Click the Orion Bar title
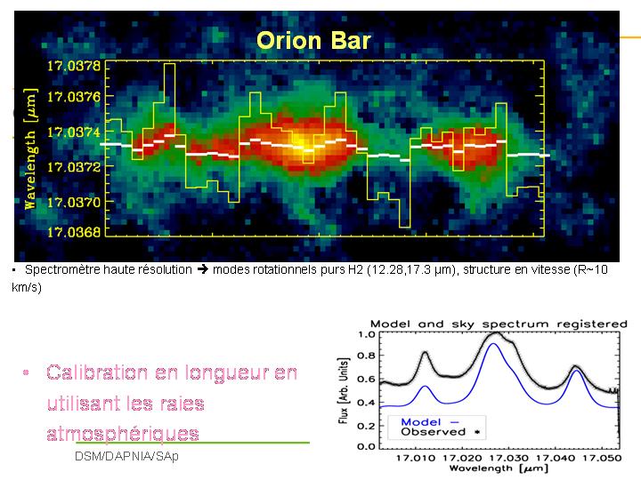[x=312, y=41]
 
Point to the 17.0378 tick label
[x=73, y=66]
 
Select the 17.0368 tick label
[x=73, y=233]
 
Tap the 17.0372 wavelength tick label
[x=73, y=167]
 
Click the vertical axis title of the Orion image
[x=30, y=148]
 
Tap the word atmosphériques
[x=123, y=433]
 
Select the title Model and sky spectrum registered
[x=499, y=324]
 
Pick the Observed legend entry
[x=433, y=432]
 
